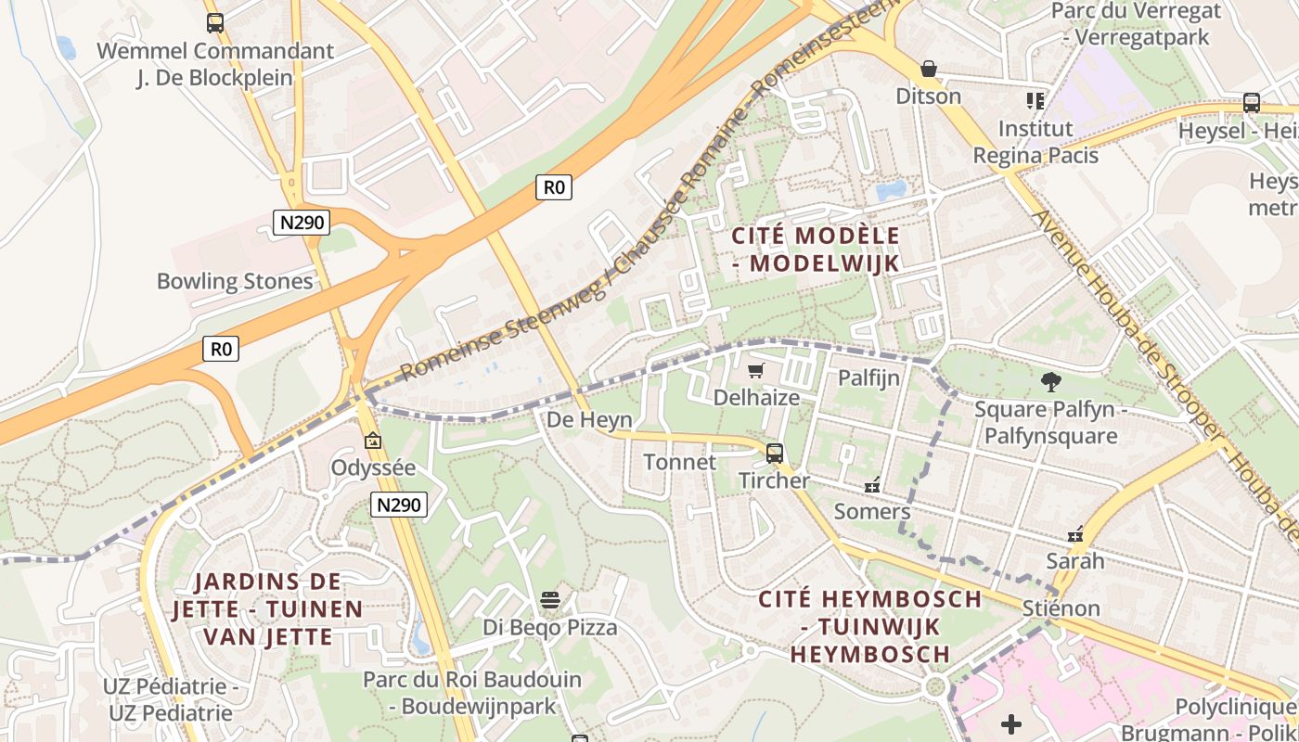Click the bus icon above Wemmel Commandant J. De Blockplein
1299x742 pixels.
tap(215, 23)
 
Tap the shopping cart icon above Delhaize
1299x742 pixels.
tap(756, 371)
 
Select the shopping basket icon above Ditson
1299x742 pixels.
tap(928, 69)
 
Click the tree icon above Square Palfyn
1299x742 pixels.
tap(1050, 381)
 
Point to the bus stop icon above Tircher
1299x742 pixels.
tap(774, 454)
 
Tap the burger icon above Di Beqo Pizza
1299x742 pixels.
tap(550, 600)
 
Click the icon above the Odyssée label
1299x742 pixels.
tap(373, 441)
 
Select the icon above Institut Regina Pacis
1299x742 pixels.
tap(1035, 100)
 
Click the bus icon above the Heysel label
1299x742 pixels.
tap(1251, 103)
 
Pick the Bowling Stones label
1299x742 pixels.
tap(235, 281)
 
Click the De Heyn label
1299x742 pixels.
tap(589, 419)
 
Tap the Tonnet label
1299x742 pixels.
tap(679, 462)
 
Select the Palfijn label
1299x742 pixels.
tap(868, 377)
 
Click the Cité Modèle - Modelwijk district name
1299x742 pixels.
tap(816, 249)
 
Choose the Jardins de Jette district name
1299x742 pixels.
tap(267, 609)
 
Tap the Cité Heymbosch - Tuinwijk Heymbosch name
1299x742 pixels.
tap(869, 626)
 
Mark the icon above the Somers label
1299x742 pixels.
tap(872, 485)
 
